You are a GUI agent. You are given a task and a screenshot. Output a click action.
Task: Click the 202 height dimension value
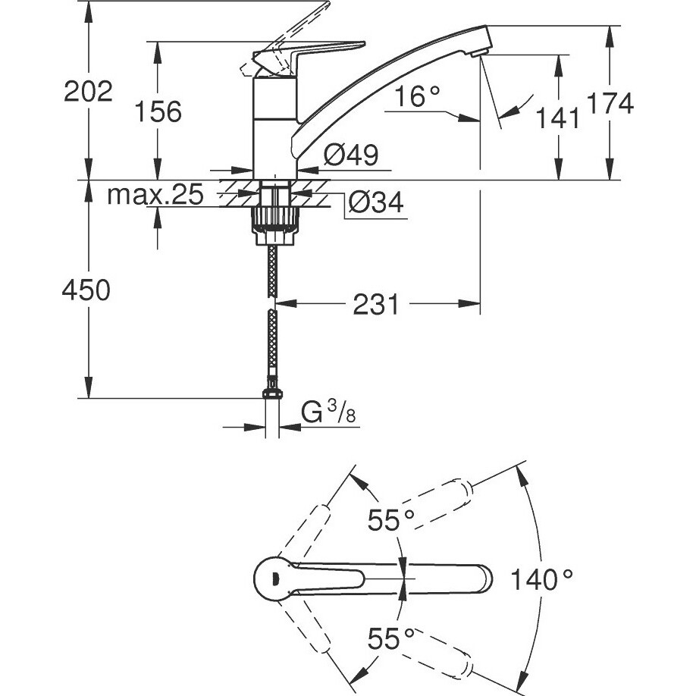(87, 92)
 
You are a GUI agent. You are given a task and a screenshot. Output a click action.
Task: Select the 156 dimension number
(158, 111)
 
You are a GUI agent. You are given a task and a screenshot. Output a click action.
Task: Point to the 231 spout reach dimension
(377, 305)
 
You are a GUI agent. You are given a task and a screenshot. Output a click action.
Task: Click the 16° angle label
(416, 96)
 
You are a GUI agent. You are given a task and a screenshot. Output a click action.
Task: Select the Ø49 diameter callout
(350, 155)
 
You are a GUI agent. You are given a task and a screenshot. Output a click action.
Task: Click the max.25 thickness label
(155, 196)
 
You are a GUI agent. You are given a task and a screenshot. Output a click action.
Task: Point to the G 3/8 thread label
(328, 413)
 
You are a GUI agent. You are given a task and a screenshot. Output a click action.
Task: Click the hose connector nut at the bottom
(272, 393)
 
